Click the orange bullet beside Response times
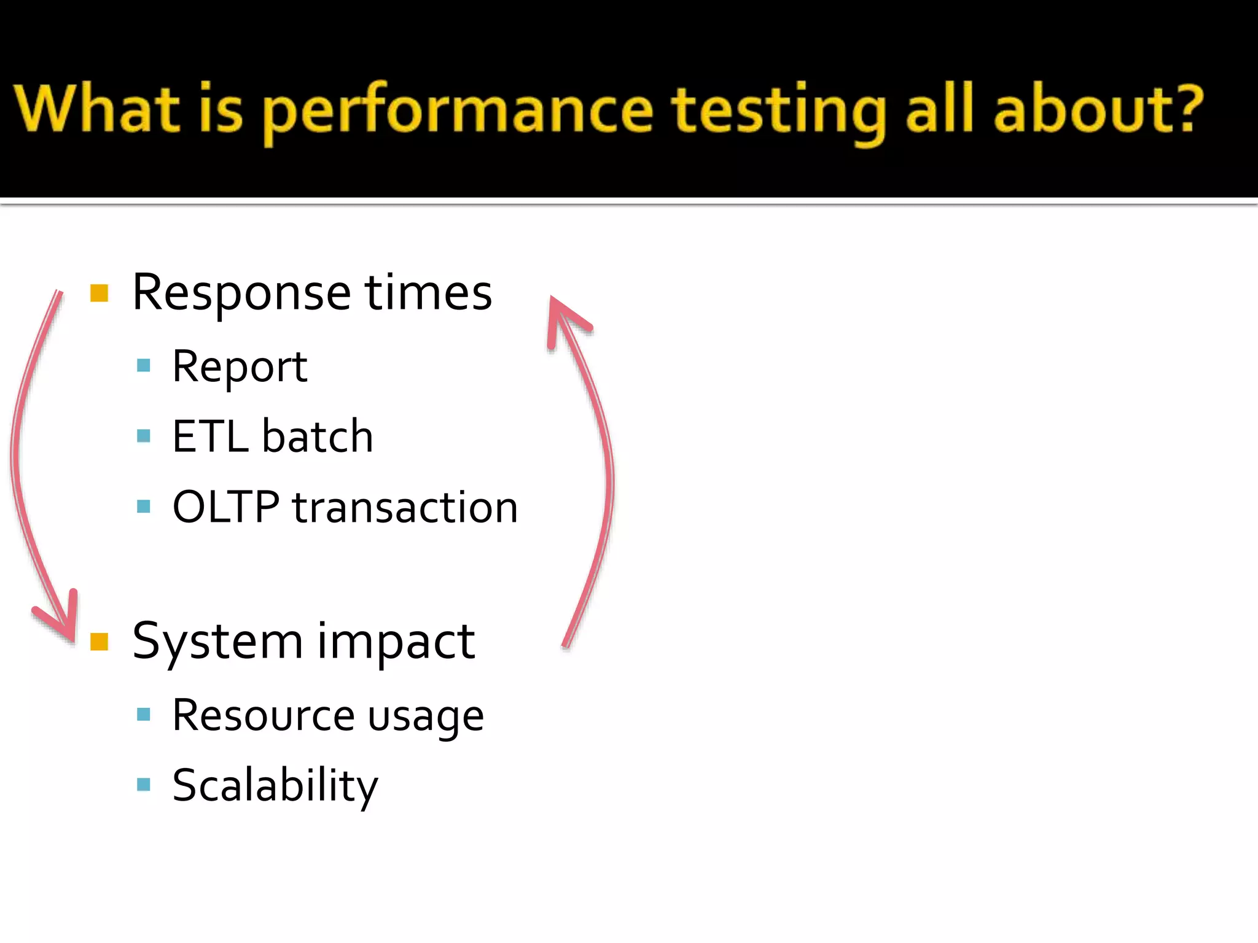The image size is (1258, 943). (99, 293)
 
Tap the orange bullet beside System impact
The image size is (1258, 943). (99, 642)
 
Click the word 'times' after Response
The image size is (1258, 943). (428, 292)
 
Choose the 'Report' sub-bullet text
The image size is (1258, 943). (240, 367)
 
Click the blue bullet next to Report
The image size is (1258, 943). (144, 366)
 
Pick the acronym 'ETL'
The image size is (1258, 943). (209, 437)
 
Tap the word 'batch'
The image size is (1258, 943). (318, 437)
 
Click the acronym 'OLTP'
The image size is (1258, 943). (225, 507)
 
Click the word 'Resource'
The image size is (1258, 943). (263, 715)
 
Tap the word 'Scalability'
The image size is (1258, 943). (275, 786)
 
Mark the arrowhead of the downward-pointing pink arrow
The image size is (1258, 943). (64, 623)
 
